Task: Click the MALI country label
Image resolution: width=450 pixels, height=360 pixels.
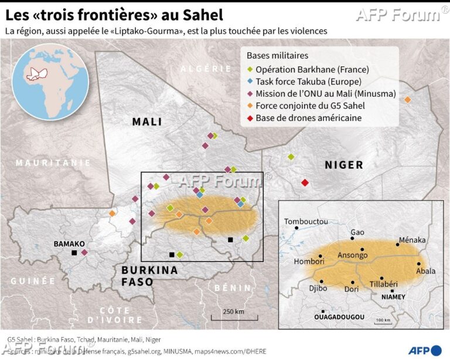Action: (147, 122)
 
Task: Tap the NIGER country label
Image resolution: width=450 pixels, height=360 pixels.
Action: (344, 165)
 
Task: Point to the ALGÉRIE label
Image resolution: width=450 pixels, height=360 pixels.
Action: (206, 69)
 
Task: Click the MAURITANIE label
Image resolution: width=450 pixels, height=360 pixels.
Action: (53, 162)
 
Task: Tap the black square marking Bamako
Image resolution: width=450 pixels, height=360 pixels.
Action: (74, 253)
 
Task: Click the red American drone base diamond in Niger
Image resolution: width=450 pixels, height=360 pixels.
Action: (305, 183)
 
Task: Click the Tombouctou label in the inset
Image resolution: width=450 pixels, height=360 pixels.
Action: (306, 222)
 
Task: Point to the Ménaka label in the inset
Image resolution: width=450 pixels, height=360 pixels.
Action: (411, 240)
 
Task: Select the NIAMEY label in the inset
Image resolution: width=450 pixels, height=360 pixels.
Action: (393, 297)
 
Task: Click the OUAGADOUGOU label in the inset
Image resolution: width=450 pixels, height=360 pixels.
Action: (339, 317)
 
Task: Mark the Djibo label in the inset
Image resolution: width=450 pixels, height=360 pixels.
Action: (318, 288)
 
